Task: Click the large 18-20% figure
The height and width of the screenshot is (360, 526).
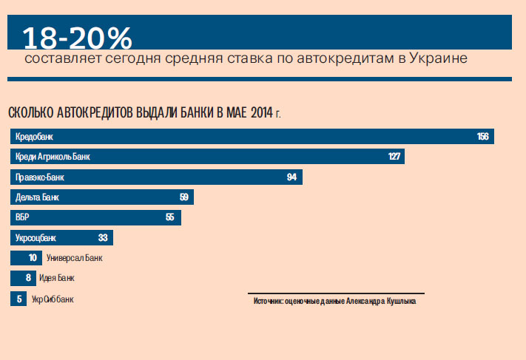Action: click(x=77, y=37)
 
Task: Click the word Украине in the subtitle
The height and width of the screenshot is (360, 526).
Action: click(x=439, y=58)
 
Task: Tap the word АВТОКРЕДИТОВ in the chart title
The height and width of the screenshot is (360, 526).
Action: click(x=91, y=112)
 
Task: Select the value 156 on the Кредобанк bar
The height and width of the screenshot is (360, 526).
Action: click(x=483, y=137)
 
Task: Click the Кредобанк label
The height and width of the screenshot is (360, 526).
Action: click(x=34, y=137)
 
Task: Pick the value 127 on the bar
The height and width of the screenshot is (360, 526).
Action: click(x=394, y=157)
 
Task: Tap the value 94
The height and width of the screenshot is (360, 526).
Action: click(x=291, y=177)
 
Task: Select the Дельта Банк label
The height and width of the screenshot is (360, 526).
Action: click(x=37, y=197)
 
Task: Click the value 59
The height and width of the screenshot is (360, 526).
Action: click(x=184, y=197)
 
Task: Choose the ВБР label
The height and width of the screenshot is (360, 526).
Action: click(x=22, y=217)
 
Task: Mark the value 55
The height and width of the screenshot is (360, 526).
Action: click(x=169, y=217)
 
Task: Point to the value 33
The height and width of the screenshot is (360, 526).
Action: click(x=103, y=238)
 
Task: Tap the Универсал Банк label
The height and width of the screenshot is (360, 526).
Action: click(x=74, y=258)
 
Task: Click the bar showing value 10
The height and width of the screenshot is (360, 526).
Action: click(x=26, y=258)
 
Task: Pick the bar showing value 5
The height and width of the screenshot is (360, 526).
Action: click(x=18, y=299)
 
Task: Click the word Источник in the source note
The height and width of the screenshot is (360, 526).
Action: click(x=269, y=302)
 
